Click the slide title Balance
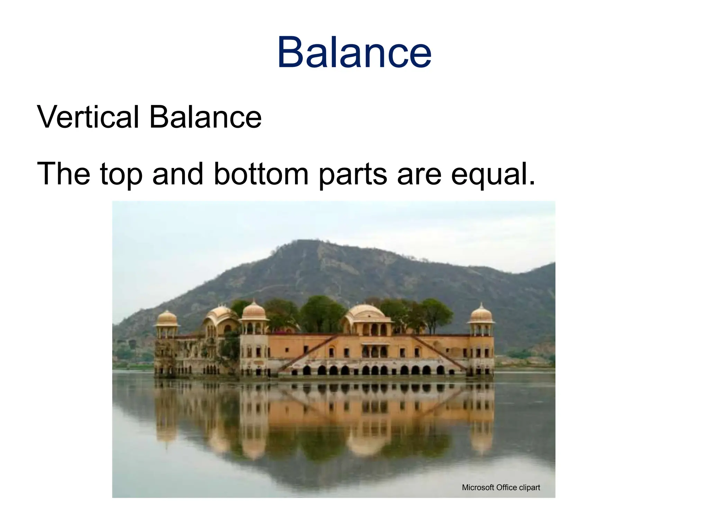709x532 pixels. [354, 53]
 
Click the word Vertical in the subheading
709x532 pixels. [88, 117]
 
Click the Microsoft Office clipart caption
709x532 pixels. [501, 488]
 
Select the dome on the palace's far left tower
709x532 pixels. [167, 318]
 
